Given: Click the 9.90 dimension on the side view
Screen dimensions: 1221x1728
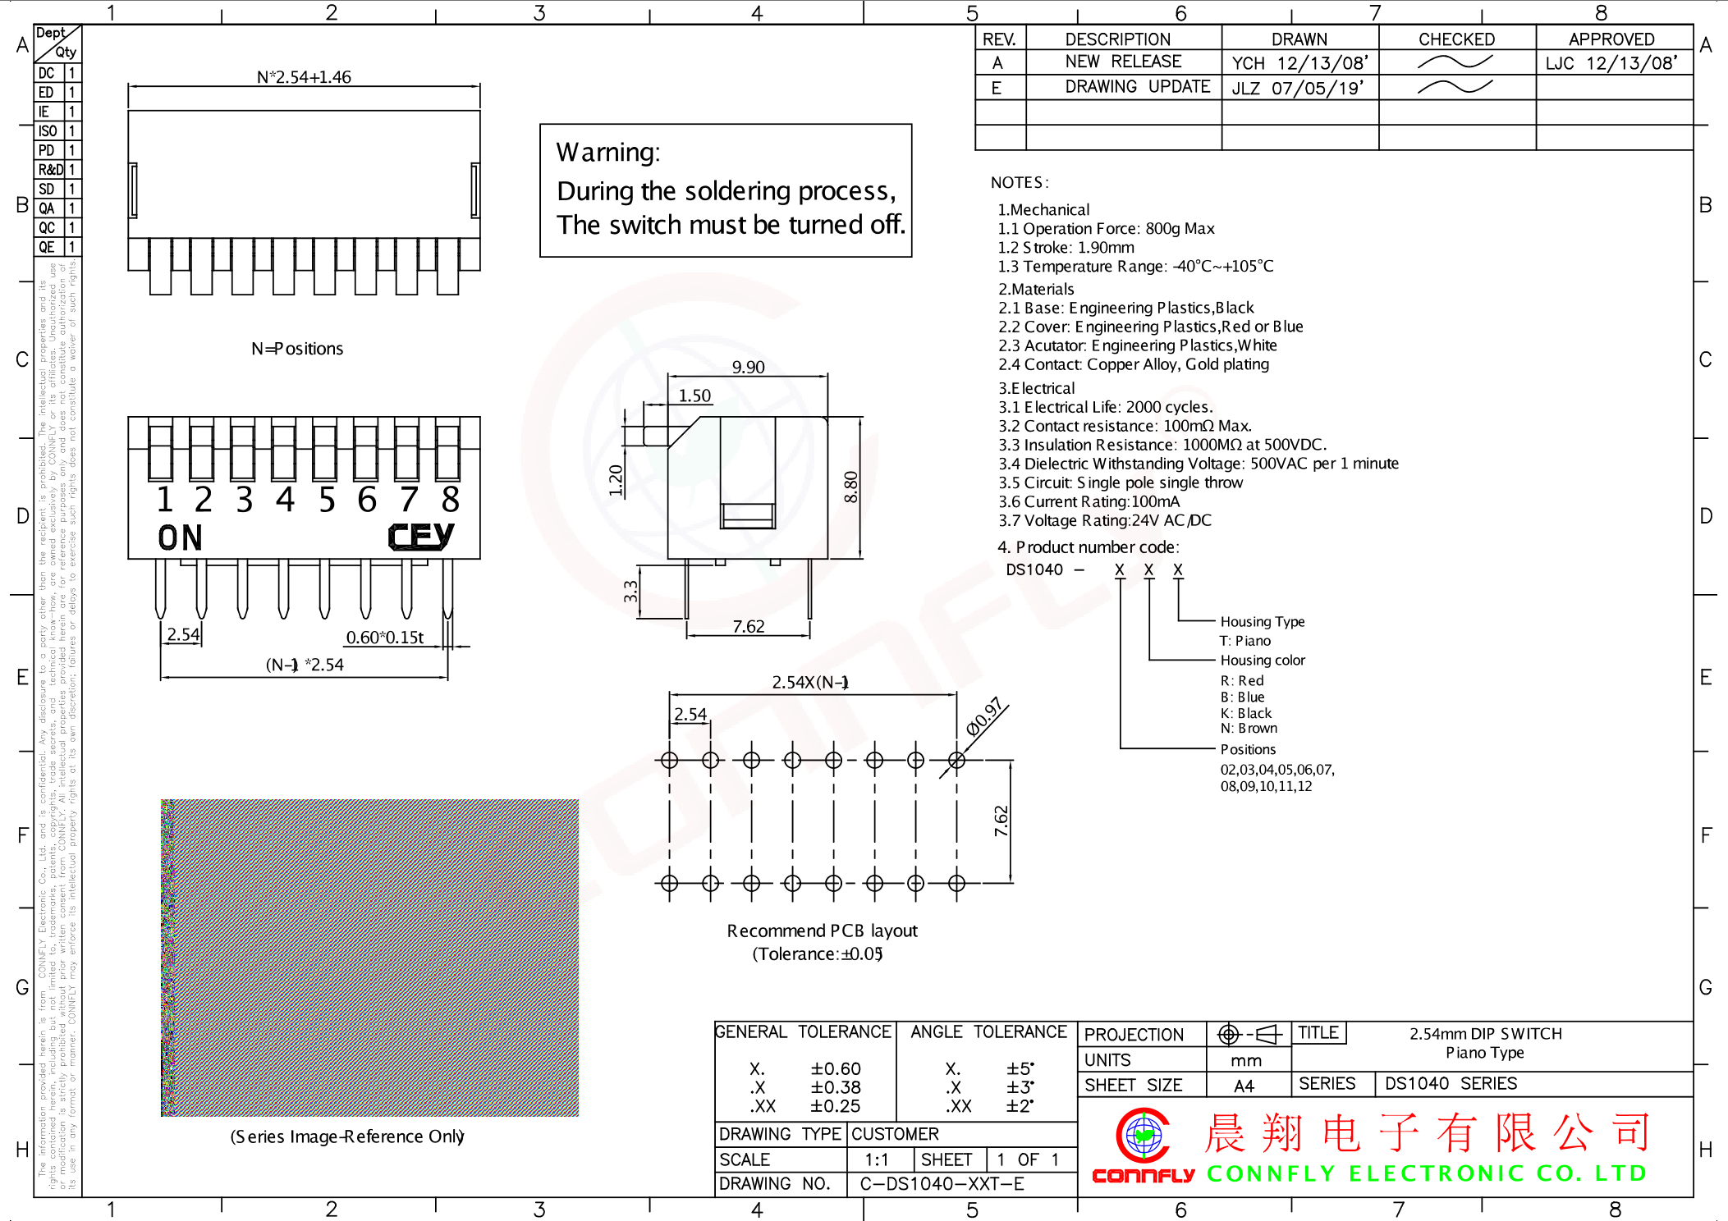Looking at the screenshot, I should pyautogui.click(x=748, y=367).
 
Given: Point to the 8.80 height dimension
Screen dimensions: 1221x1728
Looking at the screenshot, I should pyautogui.click(x=851, y=487).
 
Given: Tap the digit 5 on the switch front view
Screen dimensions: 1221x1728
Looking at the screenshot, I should pyautogui.click(x=327, y=500).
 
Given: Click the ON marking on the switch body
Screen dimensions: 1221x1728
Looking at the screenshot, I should pyautogui.click(x=180, y=538).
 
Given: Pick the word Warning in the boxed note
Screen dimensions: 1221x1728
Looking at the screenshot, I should pyautogui.click(x=607, y=153).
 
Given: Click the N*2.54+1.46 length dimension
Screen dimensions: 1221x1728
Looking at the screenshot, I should pyautogui.click(x=304, y=77).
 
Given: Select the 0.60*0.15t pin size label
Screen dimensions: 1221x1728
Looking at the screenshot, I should pyautogui.click(x=384, y=638).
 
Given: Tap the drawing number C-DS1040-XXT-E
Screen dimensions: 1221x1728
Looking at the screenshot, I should pyautogui.click(x=942, y=1184).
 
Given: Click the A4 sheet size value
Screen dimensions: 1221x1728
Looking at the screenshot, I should pyautogui.click(x=1244, y=1086).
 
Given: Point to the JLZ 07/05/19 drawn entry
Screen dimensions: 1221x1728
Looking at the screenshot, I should pyautogui.click(x=1297, y=88).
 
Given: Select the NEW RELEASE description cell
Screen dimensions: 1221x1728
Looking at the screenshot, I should pyautogui.click(x=1123, y=62).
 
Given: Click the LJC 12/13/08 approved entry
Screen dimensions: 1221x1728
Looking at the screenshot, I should pyautogui.click(x=1611, y=63).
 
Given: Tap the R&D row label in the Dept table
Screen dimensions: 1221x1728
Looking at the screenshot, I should pyautogui.click(x=50, y=170).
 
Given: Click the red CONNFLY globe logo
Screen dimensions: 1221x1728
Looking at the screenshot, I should pyautogui.click(x=1143, y=1136).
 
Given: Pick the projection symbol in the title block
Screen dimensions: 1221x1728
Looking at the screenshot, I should pyautogui.click(x=1249, y=1034).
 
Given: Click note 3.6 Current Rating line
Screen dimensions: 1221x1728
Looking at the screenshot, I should pyautogui.click(x=1089, y=501).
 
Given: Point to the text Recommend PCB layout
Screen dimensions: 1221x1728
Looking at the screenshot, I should pyautogui.click(x=822, y=931).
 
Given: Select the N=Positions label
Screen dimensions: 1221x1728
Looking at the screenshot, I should pyautogui.click(x=297, y=349).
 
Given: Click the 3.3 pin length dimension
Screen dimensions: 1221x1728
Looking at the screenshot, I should pyautogui.click(x=630, y=591).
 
